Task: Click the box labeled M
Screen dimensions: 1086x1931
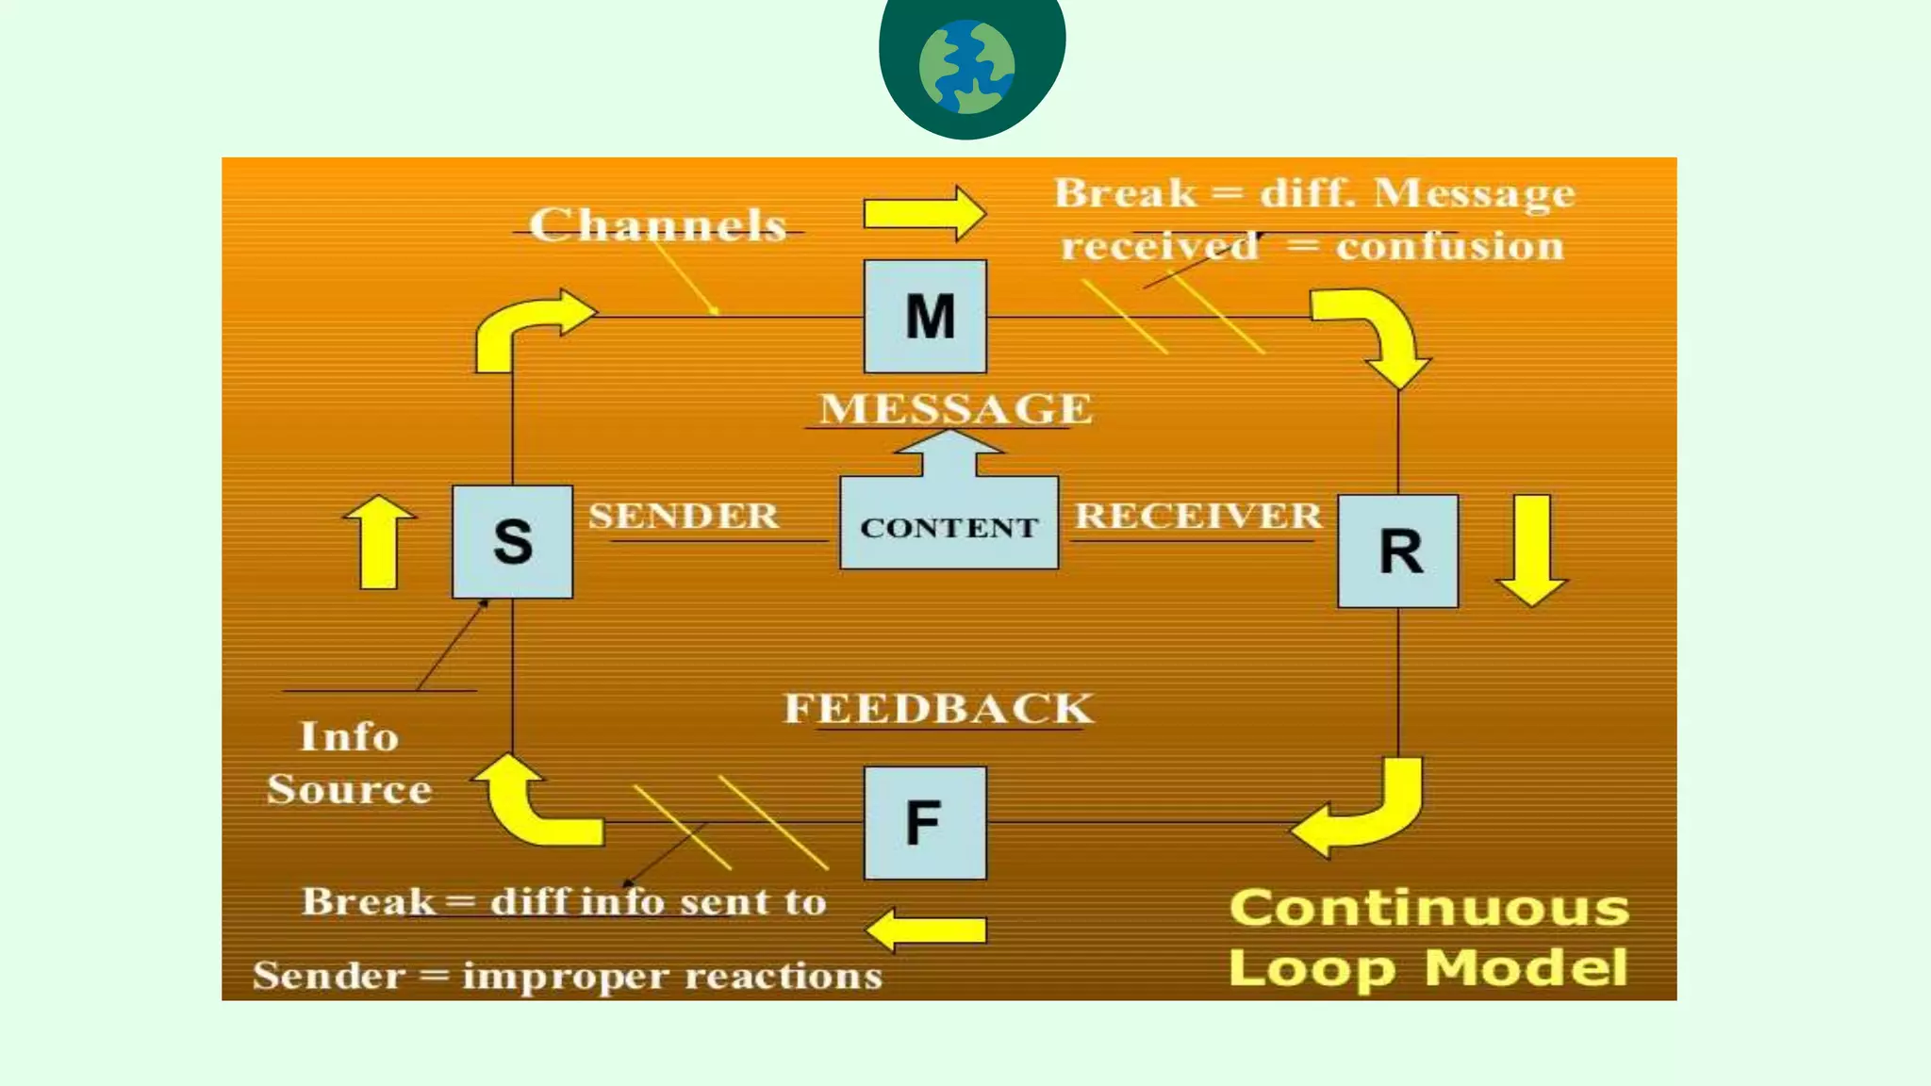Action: tap(925, 317)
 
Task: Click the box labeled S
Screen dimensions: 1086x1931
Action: tap(512, 541)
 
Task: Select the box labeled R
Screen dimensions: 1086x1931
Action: tap(1398, 551)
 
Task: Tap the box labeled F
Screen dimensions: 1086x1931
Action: tap(925, 822)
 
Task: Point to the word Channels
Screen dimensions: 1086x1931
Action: tap(657, 225)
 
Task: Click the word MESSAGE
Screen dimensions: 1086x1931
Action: tap(955, 409)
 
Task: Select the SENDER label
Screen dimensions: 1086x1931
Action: tap(684, 516)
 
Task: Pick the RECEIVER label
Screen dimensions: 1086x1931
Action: tap(1197, 516)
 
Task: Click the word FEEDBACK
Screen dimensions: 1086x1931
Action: tap(939, 709)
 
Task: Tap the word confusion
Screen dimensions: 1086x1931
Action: tap(1449, 247)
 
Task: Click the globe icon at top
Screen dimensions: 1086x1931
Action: tap(967, 67)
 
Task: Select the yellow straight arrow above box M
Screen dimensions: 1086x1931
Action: tap(924, 213)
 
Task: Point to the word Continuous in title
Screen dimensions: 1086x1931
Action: tap(1429, 909)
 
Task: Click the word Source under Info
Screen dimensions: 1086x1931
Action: tap(349, 789)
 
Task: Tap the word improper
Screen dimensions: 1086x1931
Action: tap(565, 977)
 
